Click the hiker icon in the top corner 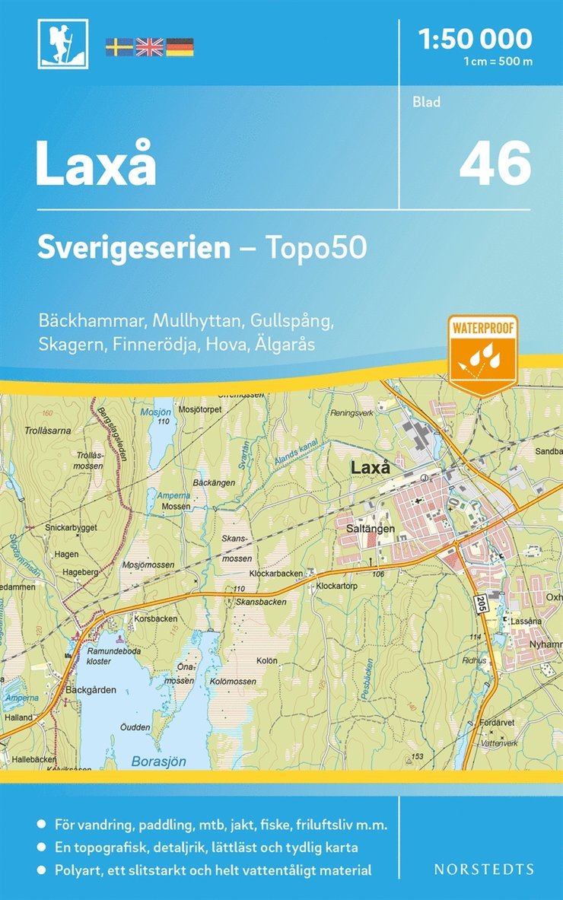pyautogui.click(x=63, y=43)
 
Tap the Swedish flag pyautogui.click(x=119, y=47)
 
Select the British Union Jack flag pyautogui.click(x=149, y=47)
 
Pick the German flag pyautogui.click(x=180, y=47)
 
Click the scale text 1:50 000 pyautogui.click(x=476, y=38)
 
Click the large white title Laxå pyautogui.click(x=96, y=164)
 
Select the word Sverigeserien pyautogui.click(x=134, y=249)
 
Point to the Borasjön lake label pyautogui.click(x=159, y=761)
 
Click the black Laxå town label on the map pyautogui.click(x=371, y=468)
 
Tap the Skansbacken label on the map pyautogui.click(x=261, y=601)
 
